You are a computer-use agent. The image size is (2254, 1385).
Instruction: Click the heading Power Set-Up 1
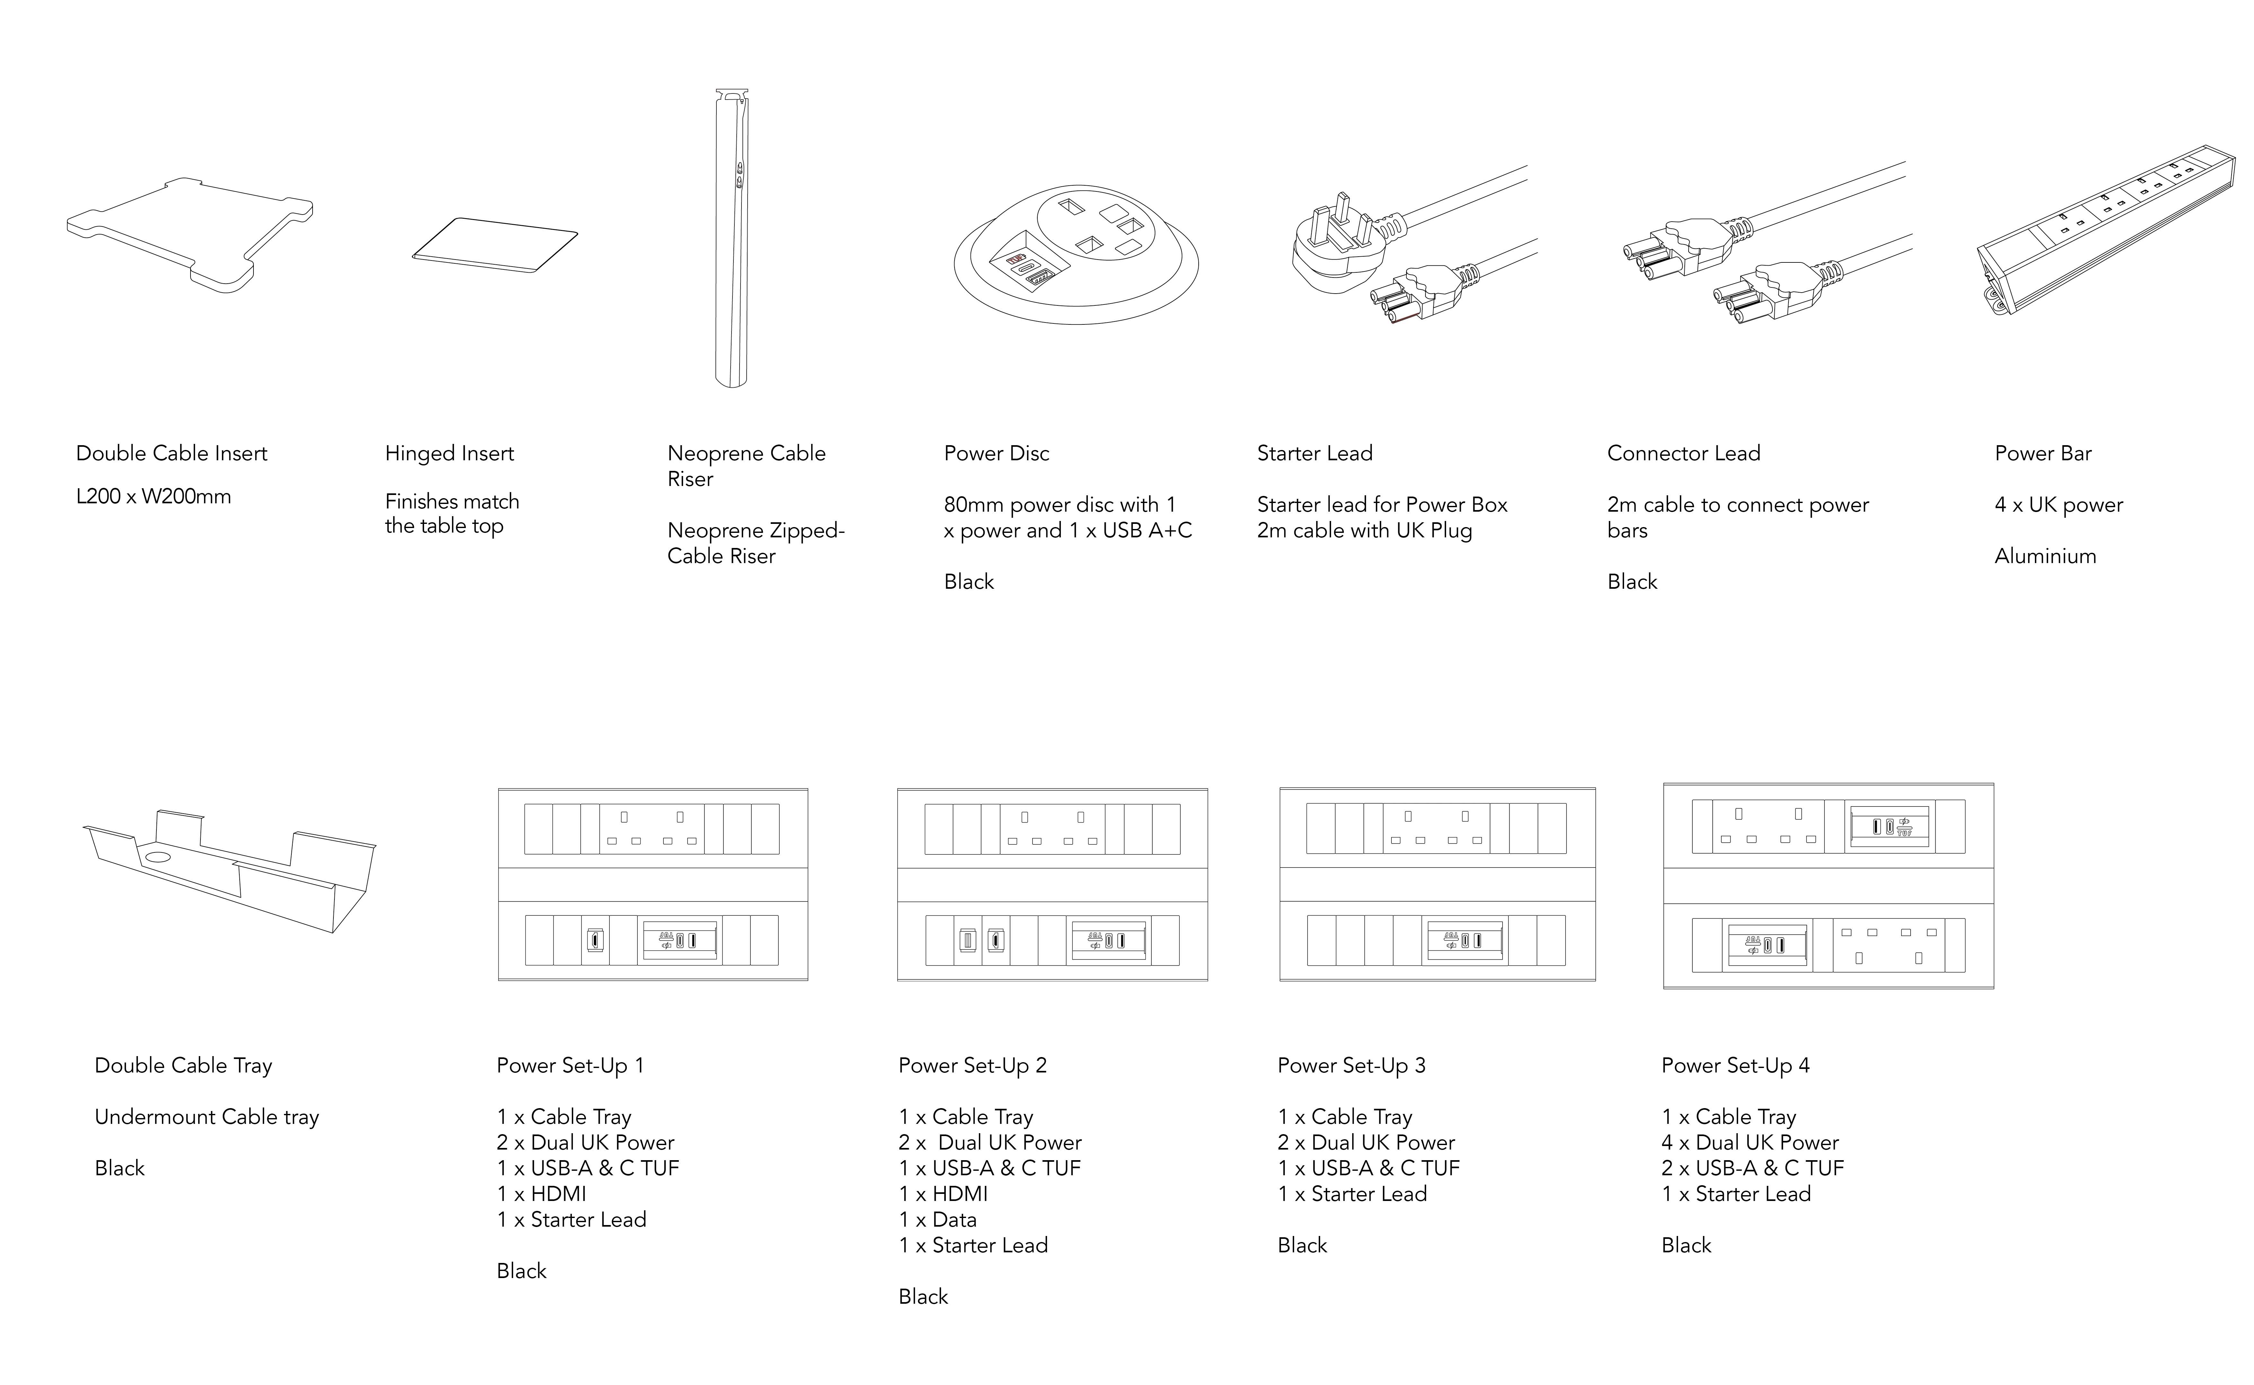[x=570, y=1065]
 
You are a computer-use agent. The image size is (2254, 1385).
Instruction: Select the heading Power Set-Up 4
[x=1735, y=1065]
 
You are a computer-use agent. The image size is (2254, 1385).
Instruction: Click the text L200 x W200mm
[x=153, y=497]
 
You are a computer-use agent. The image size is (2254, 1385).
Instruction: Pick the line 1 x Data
[x=937, y=1219]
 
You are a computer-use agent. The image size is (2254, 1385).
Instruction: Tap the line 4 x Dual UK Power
[x=1750, y=1142]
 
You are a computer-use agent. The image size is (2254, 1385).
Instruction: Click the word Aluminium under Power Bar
[x=2045, y=556]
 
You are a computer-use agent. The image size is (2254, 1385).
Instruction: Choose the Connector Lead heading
[x=1683, y=454]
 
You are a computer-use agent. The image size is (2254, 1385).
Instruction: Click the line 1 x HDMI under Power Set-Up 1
[x=542, y=1194]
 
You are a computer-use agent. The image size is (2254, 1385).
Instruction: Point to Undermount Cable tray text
[x=206, y=1116]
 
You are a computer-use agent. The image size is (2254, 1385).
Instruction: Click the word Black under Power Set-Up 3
[x=1302, y=1245]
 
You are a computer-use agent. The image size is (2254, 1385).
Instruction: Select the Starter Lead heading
[x=1314, y=454]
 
